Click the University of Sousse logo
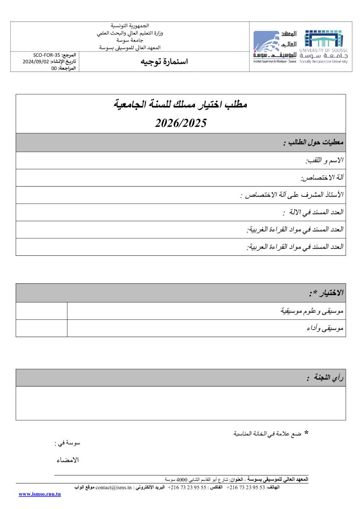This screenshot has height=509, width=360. (323, 47)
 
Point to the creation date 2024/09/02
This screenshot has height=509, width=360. (36, 62)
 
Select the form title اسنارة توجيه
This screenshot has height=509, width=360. (164, 62)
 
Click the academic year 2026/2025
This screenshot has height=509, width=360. (181, 123)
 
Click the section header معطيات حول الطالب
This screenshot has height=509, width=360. (313, 143)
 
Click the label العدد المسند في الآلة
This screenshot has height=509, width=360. (313, 213)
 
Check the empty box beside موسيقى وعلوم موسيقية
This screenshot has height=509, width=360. (42, 311)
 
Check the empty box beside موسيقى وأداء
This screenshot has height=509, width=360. (42, 328)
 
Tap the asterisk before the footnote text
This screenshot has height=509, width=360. (306, 433)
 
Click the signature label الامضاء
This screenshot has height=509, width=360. (67, 460)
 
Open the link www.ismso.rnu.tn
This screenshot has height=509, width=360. (40, 494)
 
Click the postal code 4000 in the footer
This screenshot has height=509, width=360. (182, 479)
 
